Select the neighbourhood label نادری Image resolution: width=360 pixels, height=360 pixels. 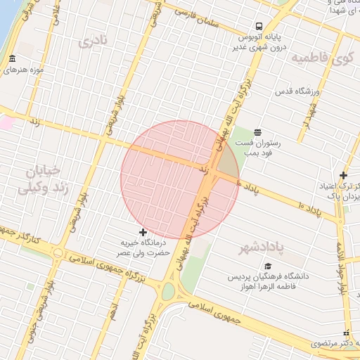95,41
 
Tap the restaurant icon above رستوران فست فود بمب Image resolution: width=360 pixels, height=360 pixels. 258,131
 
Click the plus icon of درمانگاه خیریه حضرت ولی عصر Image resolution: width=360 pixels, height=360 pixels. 143,232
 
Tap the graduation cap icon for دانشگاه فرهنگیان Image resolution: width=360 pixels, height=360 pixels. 267,266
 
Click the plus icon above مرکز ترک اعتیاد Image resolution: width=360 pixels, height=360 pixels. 343,175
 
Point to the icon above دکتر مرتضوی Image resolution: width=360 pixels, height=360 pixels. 345,333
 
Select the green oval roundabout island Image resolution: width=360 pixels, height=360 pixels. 167,290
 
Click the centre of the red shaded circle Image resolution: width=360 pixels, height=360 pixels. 180,179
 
